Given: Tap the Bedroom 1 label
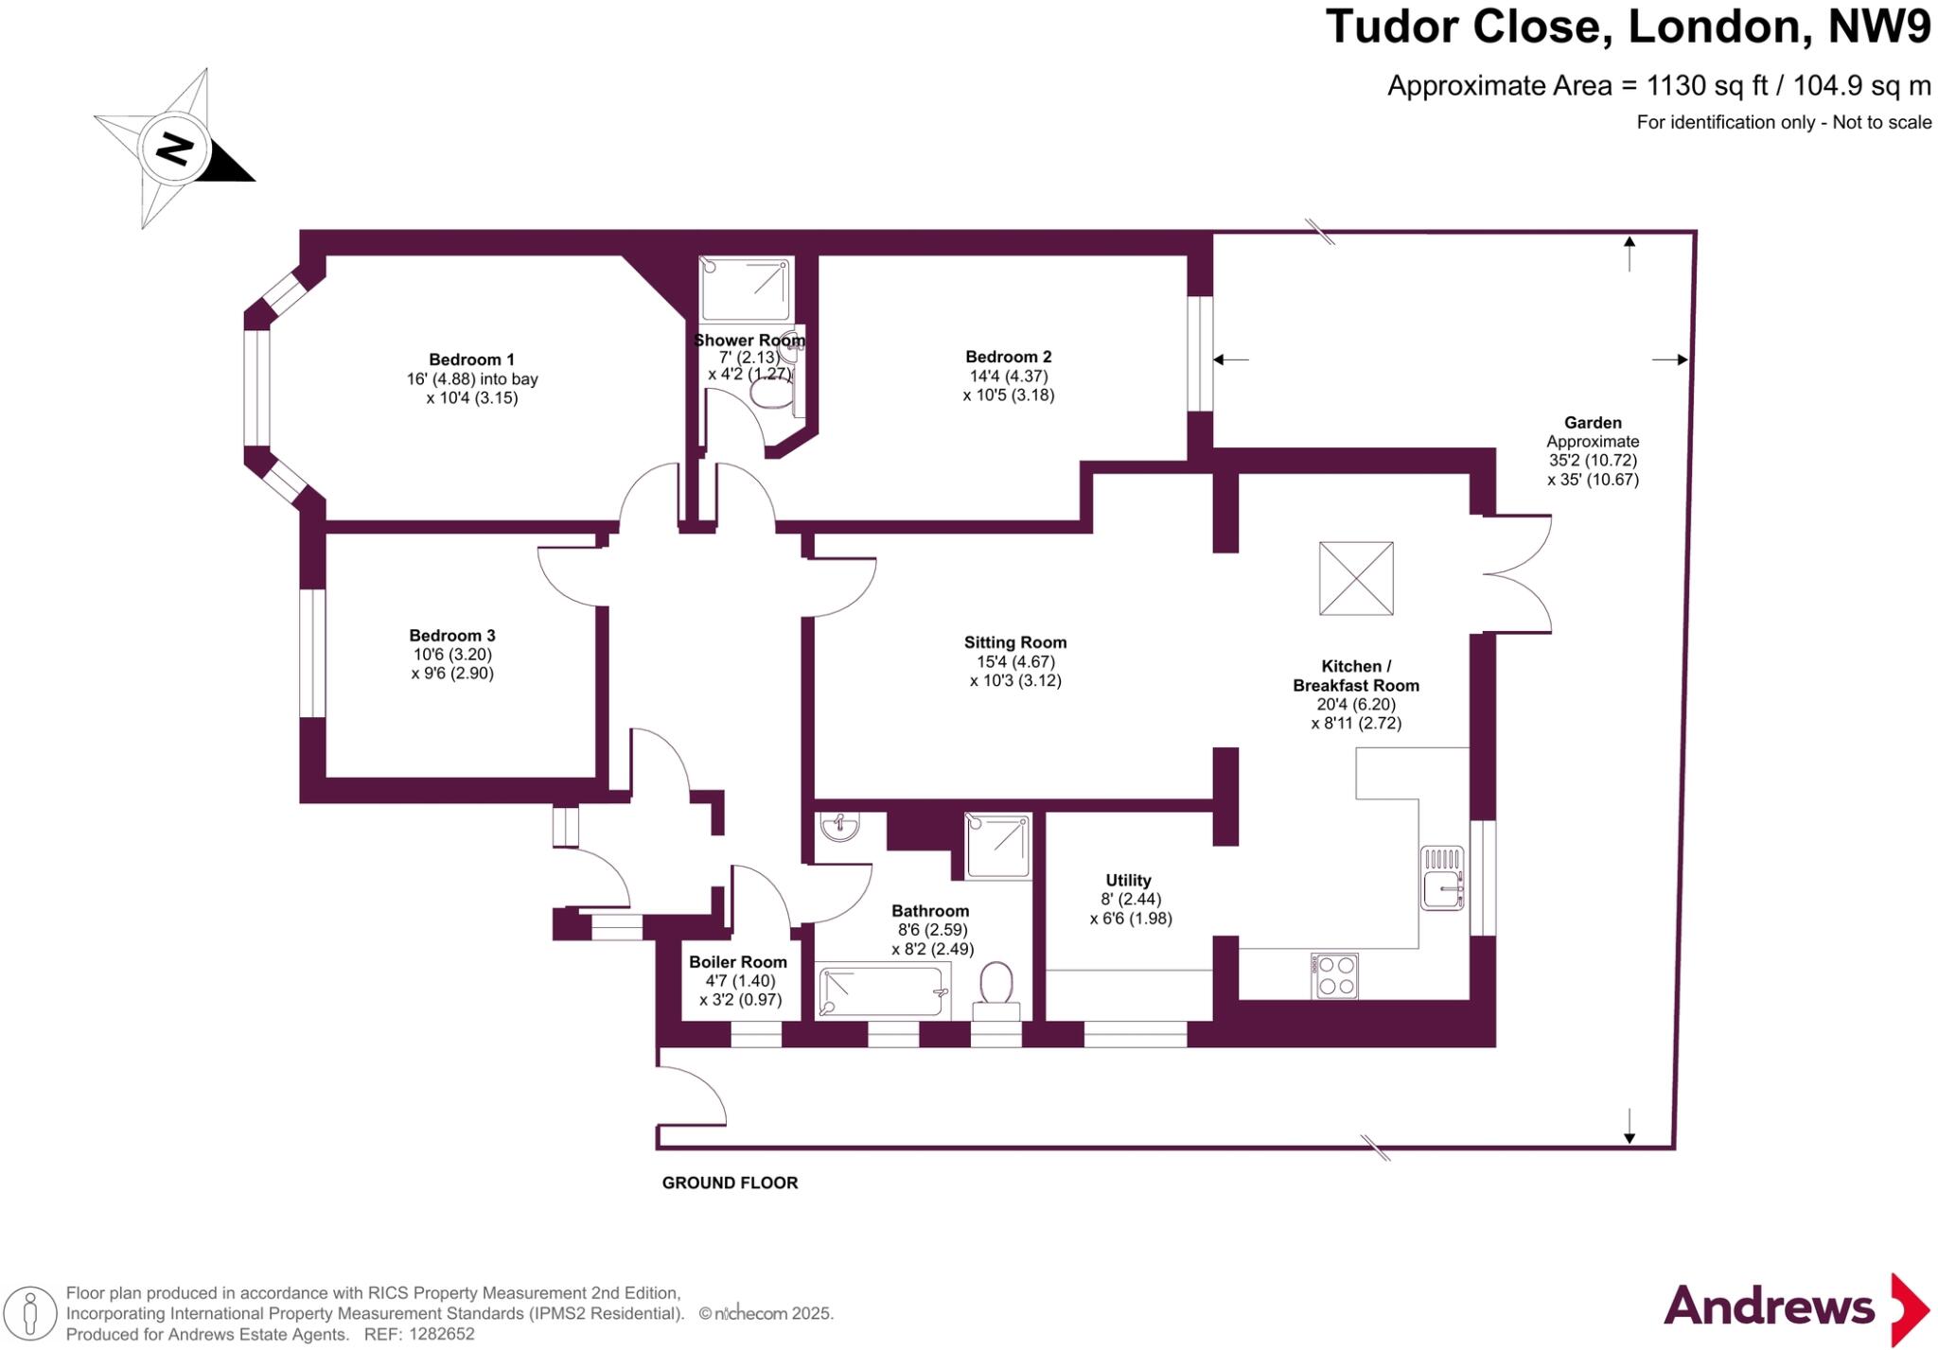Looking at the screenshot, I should [471, 359].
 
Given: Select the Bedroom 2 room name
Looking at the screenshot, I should [1008, 357].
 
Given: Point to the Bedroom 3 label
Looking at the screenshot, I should [451, 636].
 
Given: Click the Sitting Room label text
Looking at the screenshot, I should [1015, 642].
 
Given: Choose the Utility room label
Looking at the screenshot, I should [1128, 880].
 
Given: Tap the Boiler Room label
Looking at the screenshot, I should [737, 962].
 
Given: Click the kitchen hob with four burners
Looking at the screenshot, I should [1334, 975].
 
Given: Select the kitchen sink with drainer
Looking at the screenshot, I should [1442, 878].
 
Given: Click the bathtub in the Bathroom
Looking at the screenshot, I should [883, 991].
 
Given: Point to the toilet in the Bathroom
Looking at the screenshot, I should [995, 988].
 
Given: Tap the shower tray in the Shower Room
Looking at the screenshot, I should [746, 289].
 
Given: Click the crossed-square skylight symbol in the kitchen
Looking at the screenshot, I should [1356, 578].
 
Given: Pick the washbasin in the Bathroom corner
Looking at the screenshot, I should [839, 828].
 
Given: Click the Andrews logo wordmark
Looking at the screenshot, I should [1769, 1306].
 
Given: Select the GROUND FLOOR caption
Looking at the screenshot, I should [730, 1183].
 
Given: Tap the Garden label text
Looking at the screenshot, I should [1593, 423].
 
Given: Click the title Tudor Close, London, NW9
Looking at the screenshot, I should [1628, 26].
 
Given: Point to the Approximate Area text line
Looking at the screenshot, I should [1659, 86].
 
